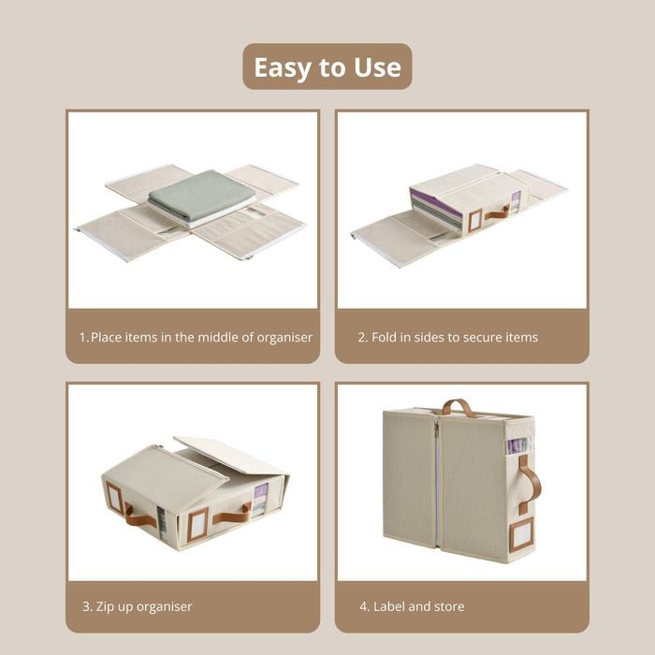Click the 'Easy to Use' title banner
pyautogui.click(x=327, y=66)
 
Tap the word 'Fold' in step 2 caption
pyautogui.click(x=384, y=337)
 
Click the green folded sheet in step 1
pyautogui.click(x=201, y=195)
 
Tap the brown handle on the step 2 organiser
pyautogui.click(x=497, y=212)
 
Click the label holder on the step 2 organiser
pyautogui.click(x=475, y=221)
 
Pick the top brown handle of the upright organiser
pyautogui.click(x=458, y=407)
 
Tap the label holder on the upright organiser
pyautogui.click(x=521, y=534)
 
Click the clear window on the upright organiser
pyautogui.click(x=520, y=445)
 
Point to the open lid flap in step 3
pyautogui.click(x=229, y=456)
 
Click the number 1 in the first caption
pyautogui.click(x=82, y=337)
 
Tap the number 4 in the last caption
pyautogui.click(x=363, y=606)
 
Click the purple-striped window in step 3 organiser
pyautogui.click(x=261, y=499)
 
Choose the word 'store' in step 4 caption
pyautogui.click(x=449, y=606)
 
